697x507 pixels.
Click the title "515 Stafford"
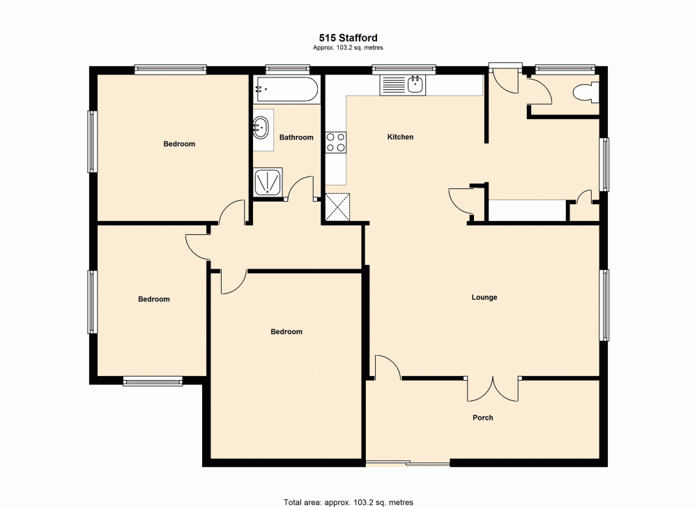click(x=348, y=38)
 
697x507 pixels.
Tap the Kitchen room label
click(x=400, y=137)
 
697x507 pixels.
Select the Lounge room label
click(x=484, y=298)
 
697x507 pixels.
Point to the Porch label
click(x=482, y=418)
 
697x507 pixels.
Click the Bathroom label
click(x=296, y=137)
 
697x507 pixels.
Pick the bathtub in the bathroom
click(x=286, y=89)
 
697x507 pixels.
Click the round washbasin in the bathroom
click(x=263, y=127)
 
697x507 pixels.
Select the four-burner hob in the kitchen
click(x=336, y=142)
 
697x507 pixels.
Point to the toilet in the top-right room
click(x=584, y=93)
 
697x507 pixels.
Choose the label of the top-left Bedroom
click(x=179, y=144)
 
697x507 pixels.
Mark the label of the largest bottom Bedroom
click(x=286, y=332)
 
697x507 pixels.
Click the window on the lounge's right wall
click(x=606, y=304)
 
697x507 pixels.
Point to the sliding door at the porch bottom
click(x=408, y=463)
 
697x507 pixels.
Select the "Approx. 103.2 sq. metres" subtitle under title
click(x=348, y=47)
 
